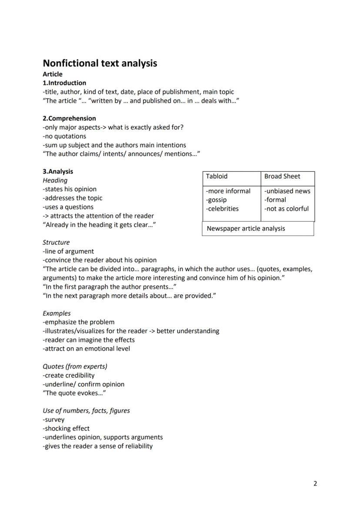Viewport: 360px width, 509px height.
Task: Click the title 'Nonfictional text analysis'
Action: point(100,63)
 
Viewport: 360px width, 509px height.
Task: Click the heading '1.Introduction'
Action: point(64,83)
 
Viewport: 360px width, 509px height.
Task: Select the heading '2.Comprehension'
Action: point(69,118)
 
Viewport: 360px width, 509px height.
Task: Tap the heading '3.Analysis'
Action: point(58,171)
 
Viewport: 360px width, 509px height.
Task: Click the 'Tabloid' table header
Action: point(217,176)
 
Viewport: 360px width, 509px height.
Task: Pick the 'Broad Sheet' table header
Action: point(282,176)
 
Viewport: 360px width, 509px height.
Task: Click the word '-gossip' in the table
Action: point(216,200)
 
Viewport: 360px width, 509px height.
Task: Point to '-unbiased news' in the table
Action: point(287,191)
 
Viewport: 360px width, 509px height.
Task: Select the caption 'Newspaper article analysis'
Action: point(246,229)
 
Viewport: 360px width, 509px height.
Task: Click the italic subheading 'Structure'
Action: point(56,243)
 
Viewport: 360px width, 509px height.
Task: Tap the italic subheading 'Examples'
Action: point(57,313)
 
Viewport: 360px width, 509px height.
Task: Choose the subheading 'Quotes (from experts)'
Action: point(75,366)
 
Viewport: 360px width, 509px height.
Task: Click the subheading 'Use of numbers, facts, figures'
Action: point(86,411)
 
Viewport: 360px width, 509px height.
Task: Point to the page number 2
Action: point(315,483)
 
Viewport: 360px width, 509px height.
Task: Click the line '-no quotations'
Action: point(64,136)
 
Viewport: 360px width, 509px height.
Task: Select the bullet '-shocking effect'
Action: point(66,429)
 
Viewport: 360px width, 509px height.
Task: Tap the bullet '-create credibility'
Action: point(68,376)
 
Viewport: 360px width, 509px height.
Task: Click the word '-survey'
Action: point(53,420)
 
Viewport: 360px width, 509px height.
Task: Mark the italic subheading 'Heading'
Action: point(55,180)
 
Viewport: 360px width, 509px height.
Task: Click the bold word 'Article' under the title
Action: point(53,74)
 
